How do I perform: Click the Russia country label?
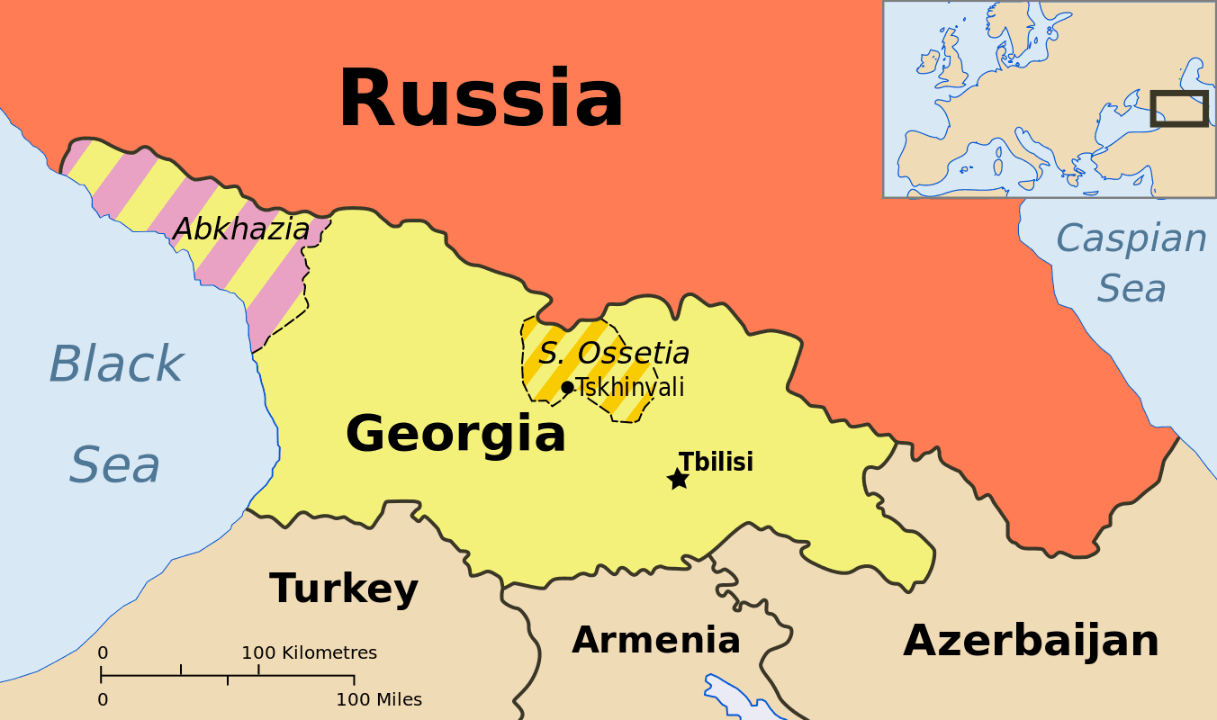click(481, 99)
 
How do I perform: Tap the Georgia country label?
click(455, 434)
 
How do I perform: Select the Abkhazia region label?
click(241, 229)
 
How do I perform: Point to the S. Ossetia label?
click(614, 353)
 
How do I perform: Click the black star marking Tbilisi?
click(678, 479)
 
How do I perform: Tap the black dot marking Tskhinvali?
click(567, 387)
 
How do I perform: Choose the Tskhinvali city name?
click(630, 388)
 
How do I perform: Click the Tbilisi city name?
click(716, 462)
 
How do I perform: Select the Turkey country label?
click(344, 589)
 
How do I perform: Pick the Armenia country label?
click(655, 640)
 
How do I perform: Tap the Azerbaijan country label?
click(1031, 641)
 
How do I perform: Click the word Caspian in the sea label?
click(1131, 239)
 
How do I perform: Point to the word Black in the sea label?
click(115, 364)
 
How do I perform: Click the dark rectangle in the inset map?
click(1179, 108)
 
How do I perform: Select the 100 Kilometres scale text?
click(309, 652)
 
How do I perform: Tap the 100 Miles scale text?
click(378, 699)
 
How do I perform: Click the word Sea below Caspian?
click(1131, 289)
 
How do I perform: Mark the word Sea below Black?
click(115, 465)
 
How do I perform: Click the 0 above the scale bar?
click(103, 652)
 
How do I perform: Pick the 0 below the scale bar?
click(103, 699)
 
